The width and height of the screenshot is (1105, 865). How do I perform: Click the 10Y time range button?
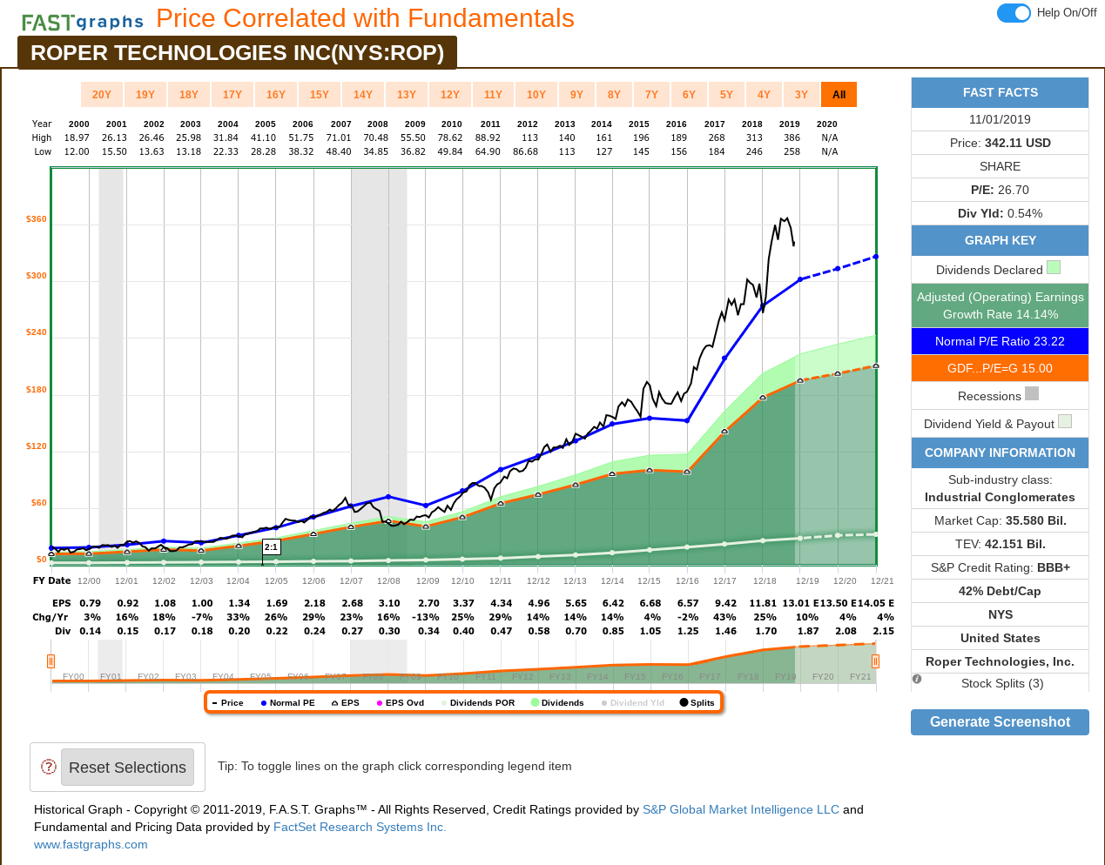coord(536,95)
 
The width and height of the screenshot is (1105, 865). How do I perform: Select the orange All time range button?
coord(839,95)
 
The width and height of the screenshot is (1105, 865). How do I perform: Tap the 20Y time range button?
coord(102,95)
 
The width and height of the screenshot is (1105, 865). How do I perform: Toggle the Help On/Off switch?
coord(1014,13)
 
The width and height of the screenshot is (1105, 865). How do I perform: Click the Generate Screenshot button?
coord(1000,722)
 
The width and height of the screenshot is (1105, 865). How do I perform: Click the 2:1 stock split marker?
coord(272,547)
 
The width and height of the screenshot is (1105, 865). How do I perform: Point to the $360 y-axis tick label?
coord(37,219)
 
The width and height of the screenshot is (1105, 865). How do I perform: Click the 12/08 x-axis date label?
coord(388,581)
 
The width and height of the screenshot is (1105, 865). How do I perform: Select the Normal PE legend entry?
coord(288,703)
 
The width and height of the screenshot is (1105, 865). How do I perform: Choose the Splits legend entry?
coord(697,703)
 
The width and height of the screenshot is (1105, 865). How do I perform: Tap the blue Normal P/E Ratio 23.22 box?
coord(1000,341)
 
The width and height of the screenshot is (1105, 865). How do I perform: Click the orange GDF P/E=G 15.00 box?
coord(1000,368)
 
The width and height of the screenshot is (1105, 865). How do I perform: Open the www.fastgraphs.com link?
coord(91,845)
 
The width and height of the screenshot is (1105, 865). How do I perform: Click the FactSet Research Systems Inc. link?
coord(360,828)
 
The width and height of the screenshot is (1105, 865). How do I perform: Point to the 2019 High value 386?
coord(789,137)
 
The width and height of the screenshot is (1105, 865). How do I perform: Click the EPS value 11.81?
coord(763,604)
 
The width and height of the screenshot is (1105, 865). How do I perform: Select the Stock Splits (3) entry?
coord(1001,684)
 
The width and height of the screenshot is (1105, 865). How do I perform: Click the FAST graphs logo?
coord(83,22)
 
